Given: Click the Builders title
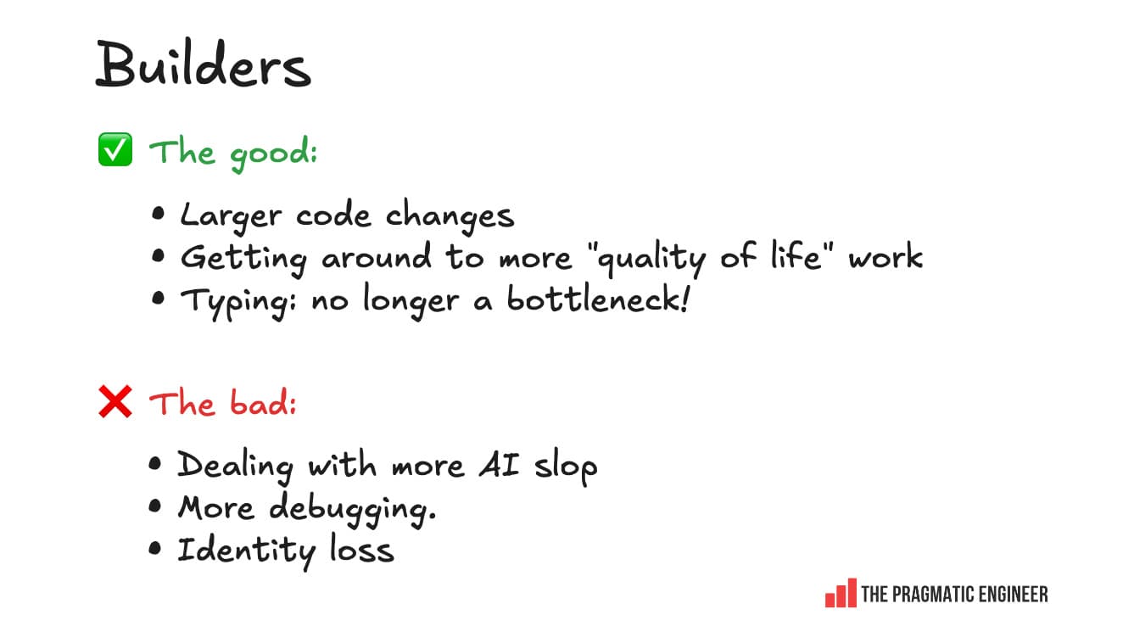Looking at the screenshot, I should (x=203, y=65).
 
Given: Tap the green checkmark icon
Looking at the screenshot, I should (x=115, y=151).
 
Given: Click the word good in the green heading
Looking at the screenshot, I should (x=271, y=154).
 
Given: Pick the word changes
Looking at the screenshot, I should (x=450, y=215).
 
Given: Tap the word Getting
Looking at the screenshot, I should (x=243, y=258).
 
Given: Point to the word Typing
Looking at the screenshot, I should (x=237, y=301).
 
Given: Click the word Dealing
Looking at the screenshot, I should (x=235, y=466).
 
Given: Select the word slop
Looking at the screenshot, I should (x=566, y=467).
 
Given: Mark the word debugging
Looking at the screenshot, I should (x=352, y=509).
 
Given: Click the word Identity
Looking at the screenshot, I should (x=246, y=551).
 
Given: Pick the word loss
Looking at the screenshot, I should (x=361, y=550).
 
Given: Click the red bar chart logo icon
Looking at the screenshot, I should (x=840, y=593).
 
